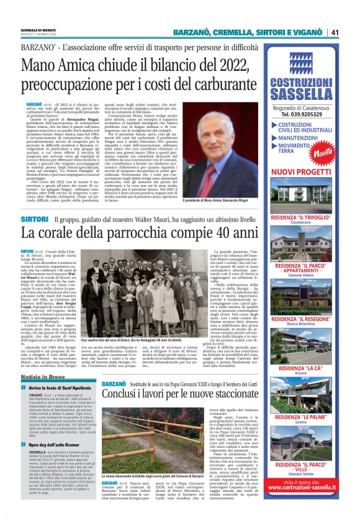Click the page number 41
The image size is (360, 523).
(335, 32)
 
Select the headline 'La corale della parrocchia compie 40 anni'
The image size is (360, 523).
(130, 234)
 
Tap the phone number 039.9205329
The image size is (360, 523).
(305, 114)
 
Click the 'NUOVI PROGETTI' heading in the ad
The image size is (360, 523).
(305, 171)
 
